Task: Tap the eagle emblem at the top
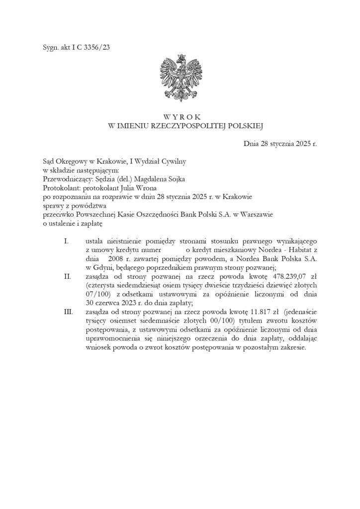[180, 78]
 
